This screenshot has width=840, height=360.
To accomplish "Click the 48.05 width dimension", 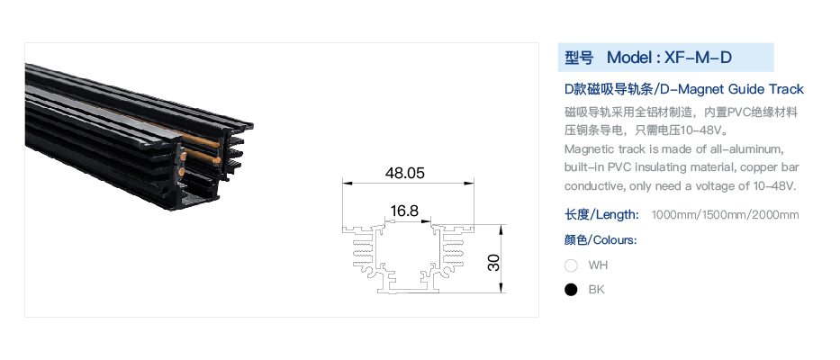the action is pyautogui.click(x=404, y=173).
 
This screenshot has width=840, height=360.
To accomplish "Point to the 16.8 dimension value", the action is pyautogui.click(x=404, y=211).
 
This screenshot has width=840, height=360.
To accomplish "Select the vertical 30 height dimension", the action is pyautogui.click(x=494, y=262).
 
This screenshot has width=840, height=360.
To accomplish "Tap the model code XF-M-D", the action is pyautogui.click(x=698, y=58).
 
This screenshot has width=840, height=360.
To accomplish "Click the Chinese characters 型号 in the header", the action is pyautogui.click(x=579, y=58).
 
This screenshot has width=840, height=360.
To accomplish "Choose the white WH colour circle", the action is pyautogui.click(x=571, y=265).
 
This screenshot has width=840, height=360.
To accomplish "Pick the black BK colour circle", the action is pyautogui.click(x=571, y=290).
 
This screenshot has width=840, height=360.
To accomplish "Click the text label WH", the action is pyautogui.click(x=598, y=265).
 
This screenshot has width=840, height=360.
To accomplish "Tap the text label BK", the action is pyautogui.click(x=596, y=290).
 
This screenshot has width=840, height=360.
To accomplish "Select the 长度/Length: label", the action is pyautogui.click(x=601, y=215).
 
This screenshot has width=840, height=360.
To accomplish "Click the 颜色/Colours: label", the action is pyautogui.click(x=601, y=239).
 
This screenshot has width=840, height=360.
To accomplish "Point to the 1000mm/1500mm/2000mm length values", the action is pyautogui.click(x=725, y=215).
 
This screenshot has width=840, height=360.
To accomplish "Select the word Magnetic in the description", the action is pyautogui.click(x=588, y=148).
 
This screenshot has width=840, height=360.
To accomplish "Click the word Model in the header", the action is pyautogui.click(x=628, y=58).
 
